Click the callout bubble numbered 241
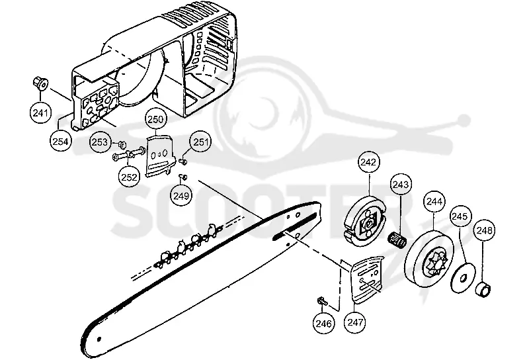40,112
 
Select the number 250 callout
155,119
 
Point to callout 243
401,185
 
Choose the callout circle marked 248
484,230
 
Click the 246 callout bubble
323,323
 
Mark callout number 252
129,177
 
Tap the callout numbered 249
181,195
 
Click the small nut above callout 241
40,83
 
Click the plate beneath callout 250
159,155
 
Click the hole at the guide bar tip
99,339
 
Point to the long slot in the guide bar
296,226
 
